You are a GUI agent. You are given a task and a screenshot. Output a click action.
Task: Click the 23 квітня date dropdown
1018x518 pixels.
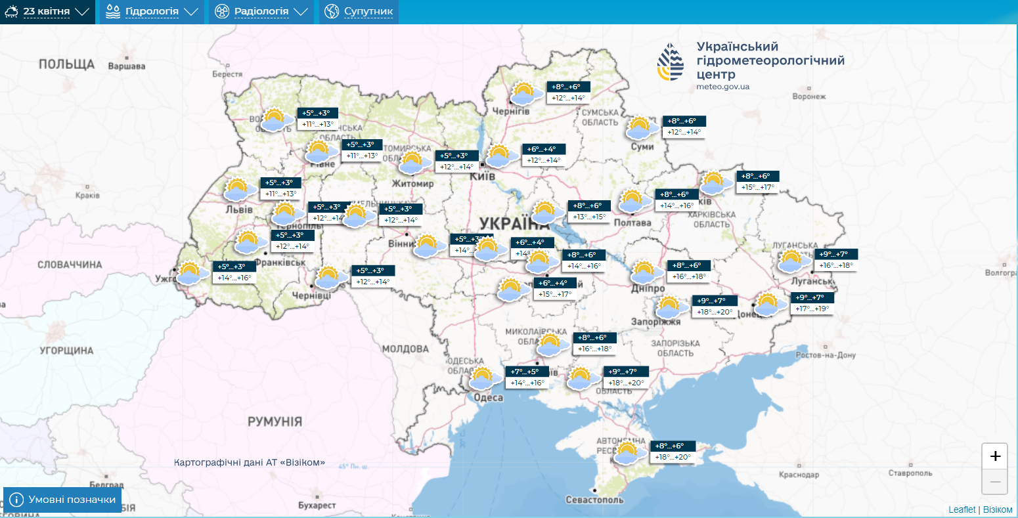[47, 12]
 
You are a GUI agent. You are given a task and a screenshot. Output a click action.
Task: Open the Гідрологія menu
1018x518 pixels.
[152, 12]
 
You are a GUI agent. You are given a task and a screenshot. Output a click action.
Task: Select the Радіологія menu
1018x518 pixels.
[261, 12]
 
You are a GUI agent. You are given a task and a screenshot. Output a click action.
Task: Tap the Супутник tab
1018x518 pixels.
[359, 12]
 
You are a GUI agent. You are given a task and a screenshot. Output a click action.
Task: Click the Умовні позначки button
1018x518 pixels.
[62, 500]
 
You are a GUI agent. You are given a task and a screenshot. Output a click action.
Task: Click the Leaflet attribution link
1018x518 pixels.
[962, 510]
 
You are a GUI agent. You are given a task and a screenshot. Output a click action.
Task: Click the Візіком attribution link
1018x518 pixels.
[998, 510]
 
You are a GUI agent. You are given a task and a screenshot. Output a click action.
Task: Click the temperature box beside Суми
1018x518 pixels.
[684, 127]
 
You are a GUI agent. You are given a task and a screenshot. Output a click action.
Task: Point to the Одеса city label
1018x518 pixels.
[488, 397]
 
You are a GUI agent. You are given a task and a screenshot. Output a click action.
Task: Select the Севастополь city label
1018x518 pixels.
[594, 500]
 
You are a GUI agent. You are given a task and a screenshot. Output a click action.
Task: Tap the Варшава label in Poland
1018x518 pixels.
[126, 66]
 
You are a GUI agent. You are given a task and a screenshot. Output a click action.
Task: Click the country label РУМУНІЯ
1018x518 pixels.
[275, 421]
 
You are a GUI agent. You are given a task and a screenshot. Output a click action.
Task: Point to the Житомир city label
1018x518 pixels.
[412, 184]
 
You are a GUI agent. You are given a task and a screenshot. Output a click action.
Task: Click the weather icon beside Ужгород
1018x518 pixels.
[189, 272]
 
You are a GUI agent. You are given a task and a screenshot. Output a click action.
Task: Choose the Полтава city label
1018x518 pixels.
[632, 223]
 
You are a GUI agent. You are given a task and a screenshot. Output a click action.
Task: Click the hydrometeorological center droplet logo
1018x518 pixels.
[671, 62]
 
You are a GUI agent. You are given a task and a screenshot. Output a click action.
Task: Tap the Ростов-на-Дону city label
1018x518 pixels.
[826, 355]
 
